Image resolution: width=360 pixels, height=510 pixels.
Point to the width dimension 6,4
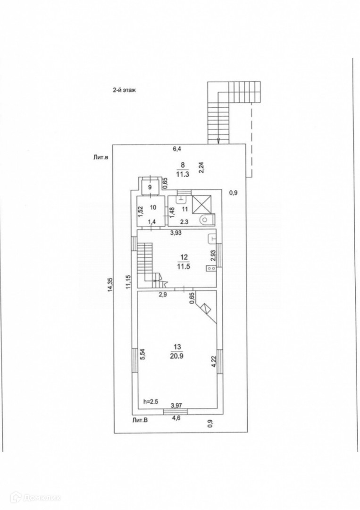177,149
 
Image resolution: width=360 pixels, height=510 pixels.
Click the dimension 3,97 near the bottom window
177,405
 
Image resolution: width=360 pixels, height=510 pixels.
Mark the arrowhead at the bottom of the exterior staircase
218,140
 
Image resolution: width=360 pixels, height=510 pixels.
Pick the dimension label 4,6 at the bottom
176,417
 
